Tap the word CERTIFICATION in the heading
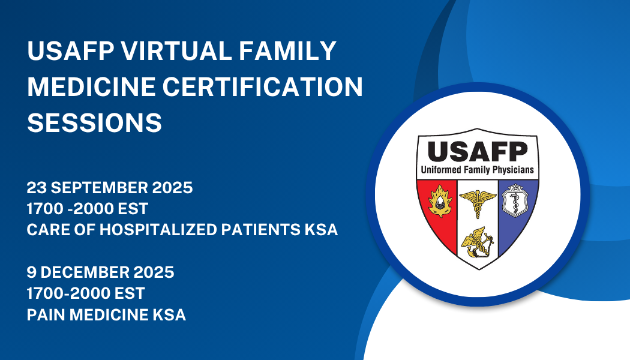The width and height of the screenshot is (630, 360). coord(263,86)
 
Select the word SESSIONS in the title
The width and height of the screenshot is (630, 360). coord(94,122)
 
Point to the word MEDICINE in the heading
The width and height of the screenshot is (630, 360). coord(91,86)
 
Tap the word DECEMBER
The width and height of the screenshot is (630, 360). coord(85,272)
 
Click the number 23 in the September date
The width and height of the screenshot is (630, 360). coord(37,188)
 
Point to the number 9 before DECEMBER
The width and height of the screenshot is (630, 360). coord(32,272)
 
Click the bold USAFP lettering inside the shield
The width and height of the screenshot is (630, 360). coord(478,152)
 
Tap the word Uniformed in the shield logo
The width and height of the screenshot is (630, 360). coord(441,170)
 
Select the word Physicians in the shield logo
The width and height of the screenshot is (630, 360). coord(513,170)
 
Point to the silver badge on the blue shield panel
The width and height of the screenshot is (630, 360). coord(515,200)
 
